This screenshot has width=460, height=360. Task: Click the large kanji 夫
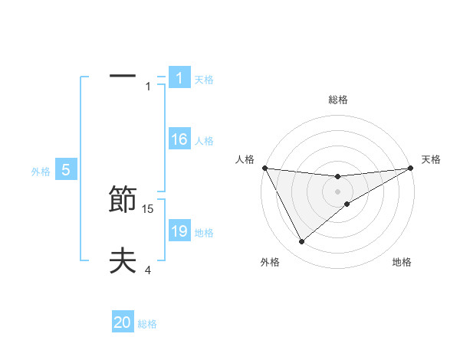(123, 261)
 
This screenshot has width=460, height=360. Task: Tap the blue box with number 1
(179, 77)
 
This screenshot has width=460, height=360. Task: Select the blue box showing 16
(179, 139)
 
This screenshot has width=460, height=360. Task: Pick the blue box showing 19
(179, 231)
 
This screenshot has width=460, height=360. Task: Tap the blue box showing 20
(123, 322)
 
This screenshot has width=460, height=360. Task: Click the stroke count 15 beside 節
(149, 208)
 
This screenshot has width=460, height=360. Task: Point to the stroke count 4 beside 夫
(148, 269)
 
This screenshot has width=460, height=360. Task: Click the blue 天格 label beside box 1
(204, 79)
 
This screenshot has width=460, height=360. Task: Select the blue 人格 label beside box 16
(204, 141)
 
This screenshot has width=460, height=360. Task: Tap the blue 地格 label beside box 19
(204, 233)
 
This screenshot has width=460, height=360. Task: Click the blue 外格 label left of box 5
(41, 172)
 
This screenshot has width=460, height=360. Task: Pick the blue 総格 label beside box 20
(147, 324)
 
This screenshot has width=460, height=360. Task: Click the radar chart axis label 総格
(338, 100)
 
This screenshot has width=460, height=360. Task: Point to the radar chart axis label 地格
(402, 262)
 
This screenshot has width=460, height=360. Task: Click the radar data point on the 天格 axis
(411, 168)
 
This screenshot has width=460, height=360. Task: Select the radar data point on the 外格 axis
(301, 242)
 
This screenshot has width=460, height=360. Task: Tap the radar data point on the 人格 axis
(264, 168)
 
